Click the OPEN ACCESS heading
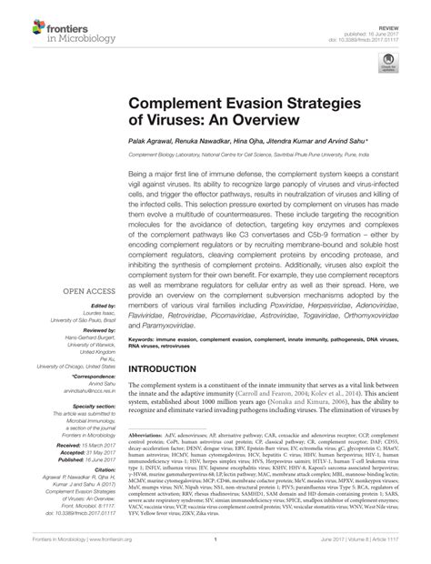(83, 292)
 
